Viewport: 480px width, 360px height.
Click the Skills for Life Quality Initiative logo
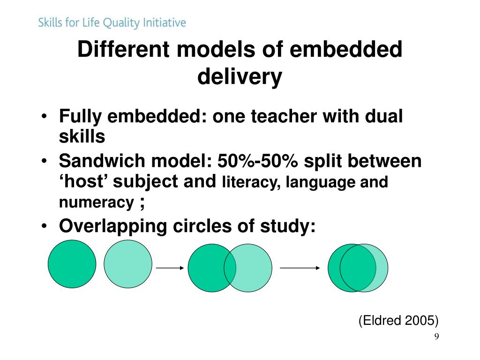click(112, 22)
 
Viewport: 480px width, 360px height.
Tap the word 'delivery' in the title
click(240, 76)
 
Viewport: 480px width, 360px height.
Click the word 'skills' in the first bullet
click(82, 137)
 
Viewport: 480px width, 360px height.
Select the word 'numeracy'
click(96, 202)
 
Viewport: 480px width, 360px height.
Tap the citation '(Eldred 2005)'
click(398, 321)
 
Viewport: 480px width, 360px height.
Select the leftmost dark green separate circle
click(72, 263)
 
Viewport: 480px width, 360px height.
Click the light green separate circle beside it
click(128, 263)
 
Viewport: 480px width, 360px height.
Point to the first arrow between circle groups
click(170, 268)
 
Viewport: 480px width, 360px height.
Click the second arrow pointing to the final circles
click(300, 268)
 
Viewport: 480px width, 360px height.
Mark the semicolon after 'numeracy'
click(141, 202)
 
